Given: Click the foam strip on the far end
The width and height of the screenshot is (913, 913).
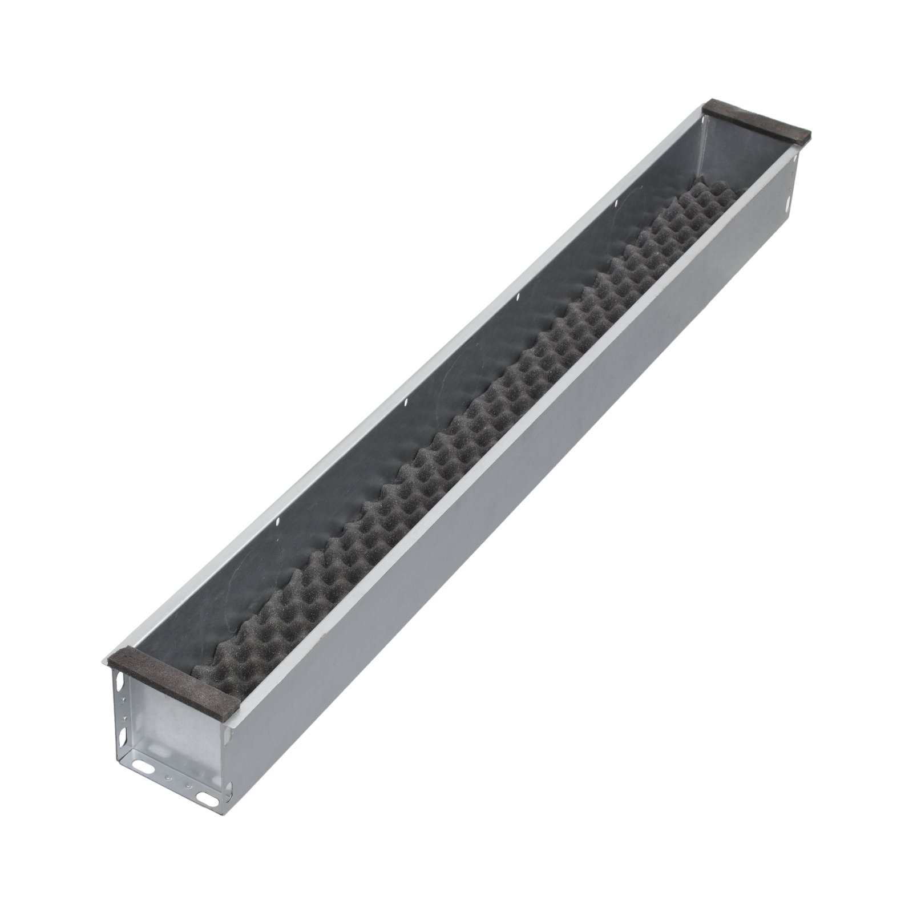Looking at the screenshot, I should pyautogui.click(x=759, y=122).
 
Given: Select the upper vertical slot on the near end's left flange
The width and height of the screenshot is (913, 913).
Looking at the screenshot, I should pyautogui.click(x=120, y=681).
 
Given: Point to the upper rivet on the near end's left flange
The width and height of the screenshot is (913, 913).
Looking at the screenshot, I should pyautogui.click(x=124, y=700).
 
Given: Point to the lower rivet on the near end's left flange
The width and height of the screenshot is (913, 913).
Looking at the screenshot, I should pyautogui.click(x=125, y=718).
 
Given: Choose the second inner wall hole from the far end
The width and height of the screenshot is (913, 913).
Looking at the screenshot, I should pyautogui.click(x=518, y=296).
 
